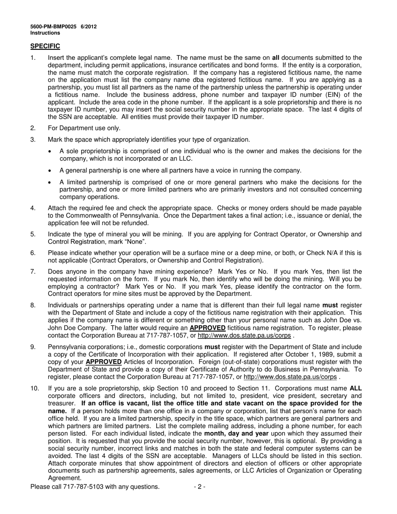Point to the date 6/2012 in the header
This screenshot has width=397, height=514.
click(x=89, y=26)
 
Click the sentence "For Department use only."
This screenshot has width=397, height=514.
click(x=84, y=128)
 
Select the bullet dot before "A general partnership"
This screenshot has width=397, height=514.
click(x=51, y=170)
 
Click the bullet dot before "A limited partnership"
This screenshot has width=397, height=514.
click(x=51, y=183)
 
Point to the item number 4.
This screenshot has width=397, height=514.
click(x=33, y=208)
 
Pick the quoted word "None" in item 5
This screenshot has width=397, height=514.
click(x=137, y=242)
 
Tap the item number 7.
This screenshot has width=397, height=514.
click(x=33, y=272)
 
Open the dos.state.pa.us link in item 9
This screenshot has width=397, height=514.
click(x=290, y=377)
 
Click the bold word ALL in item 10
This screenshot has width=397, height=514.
click(x=355, y=389)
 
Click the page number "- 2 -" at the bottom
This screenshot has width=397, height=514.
click(x=199, y=487)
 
